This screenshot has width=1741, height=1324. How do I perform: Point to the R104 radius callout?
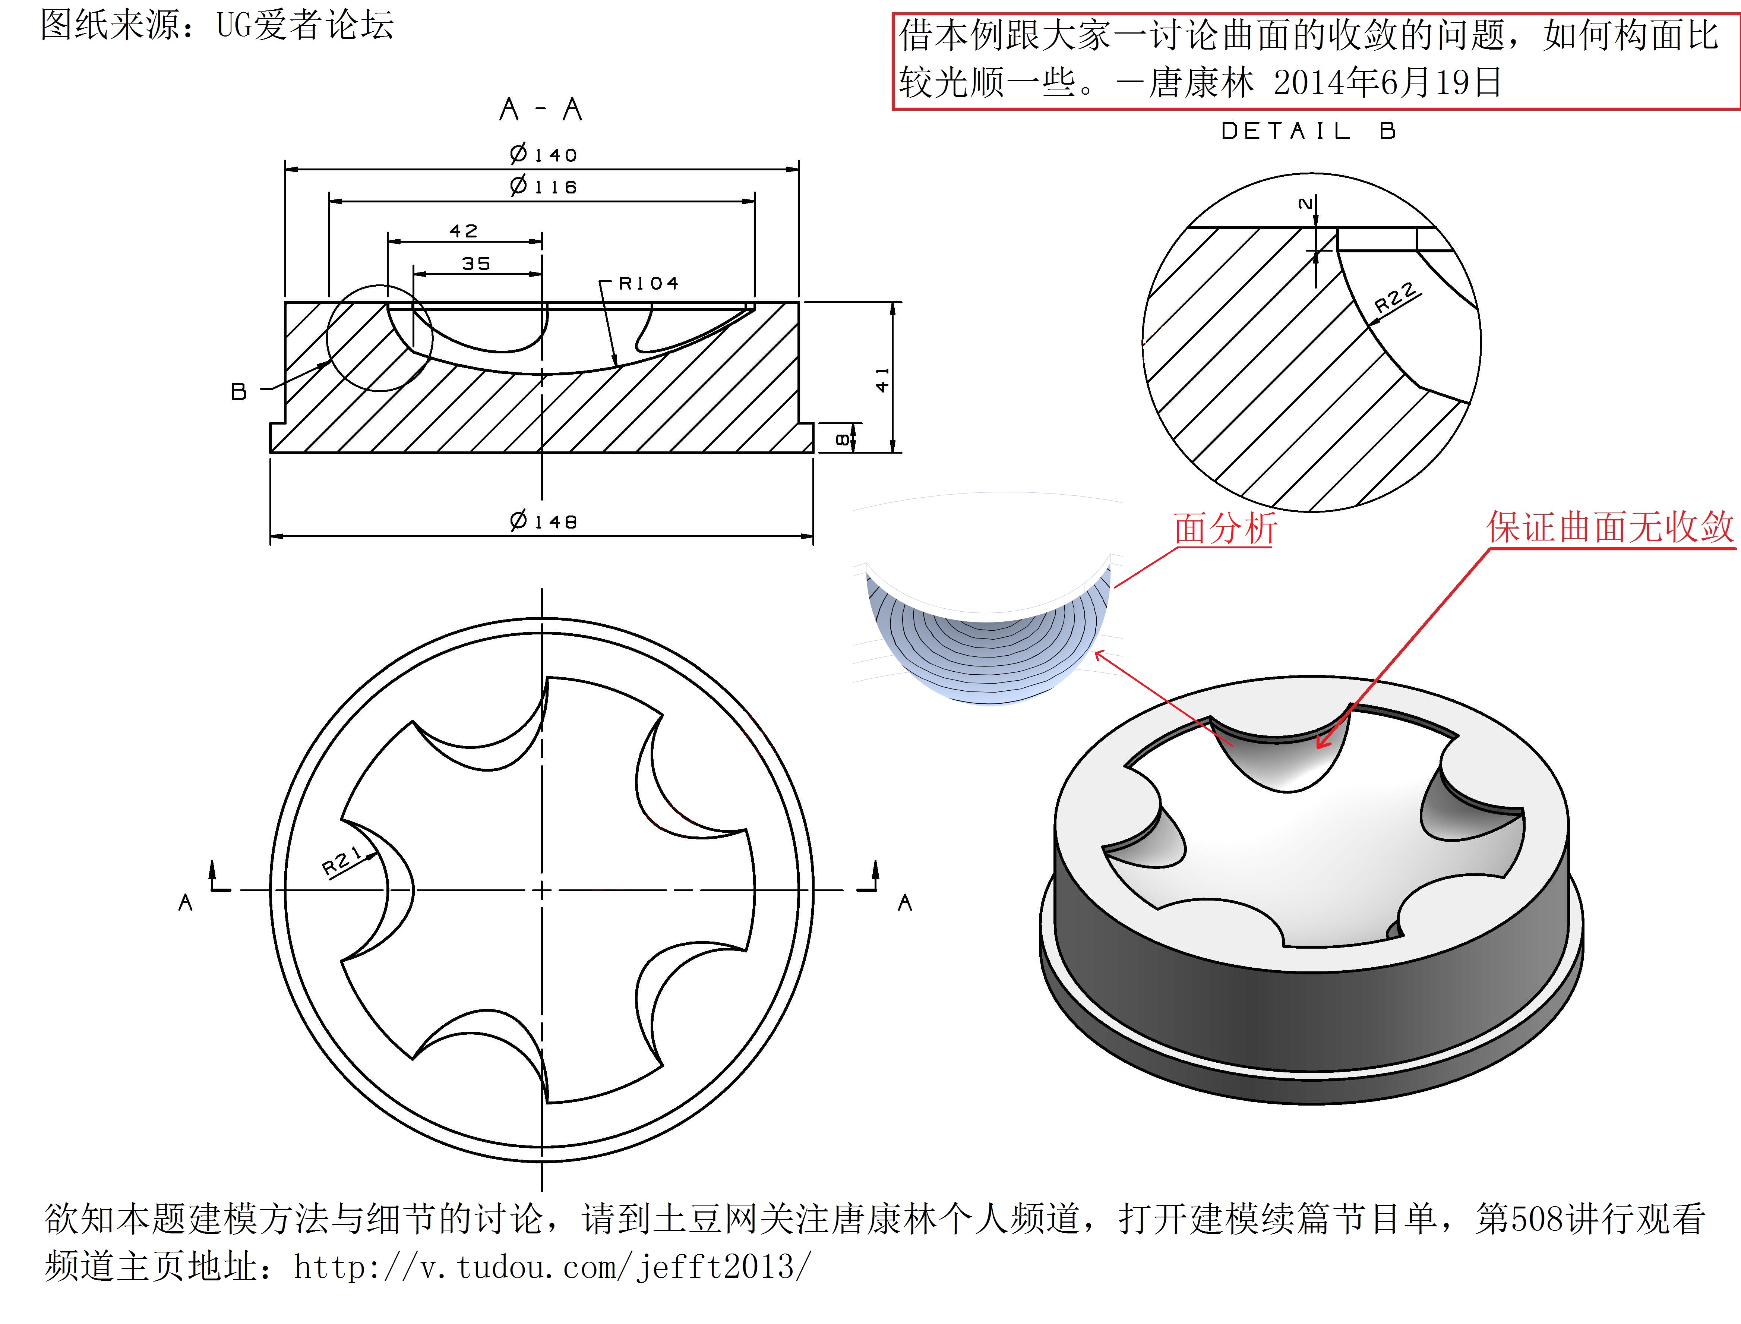(x=648, y=283)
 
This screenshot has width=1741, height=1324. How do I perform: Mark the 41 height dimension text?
(x=882, y=380)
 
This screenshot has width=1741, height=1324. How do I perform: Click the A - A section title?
(x=540, y=109)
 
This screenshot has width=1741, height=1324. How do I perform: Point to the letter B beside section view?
(x=239, y=391)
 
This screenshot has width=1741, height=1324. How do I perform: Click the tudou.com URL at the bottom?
(x=552, y=1267)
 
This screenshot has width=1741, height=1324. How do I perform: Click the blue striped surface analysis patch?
(x=989, y=646)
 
